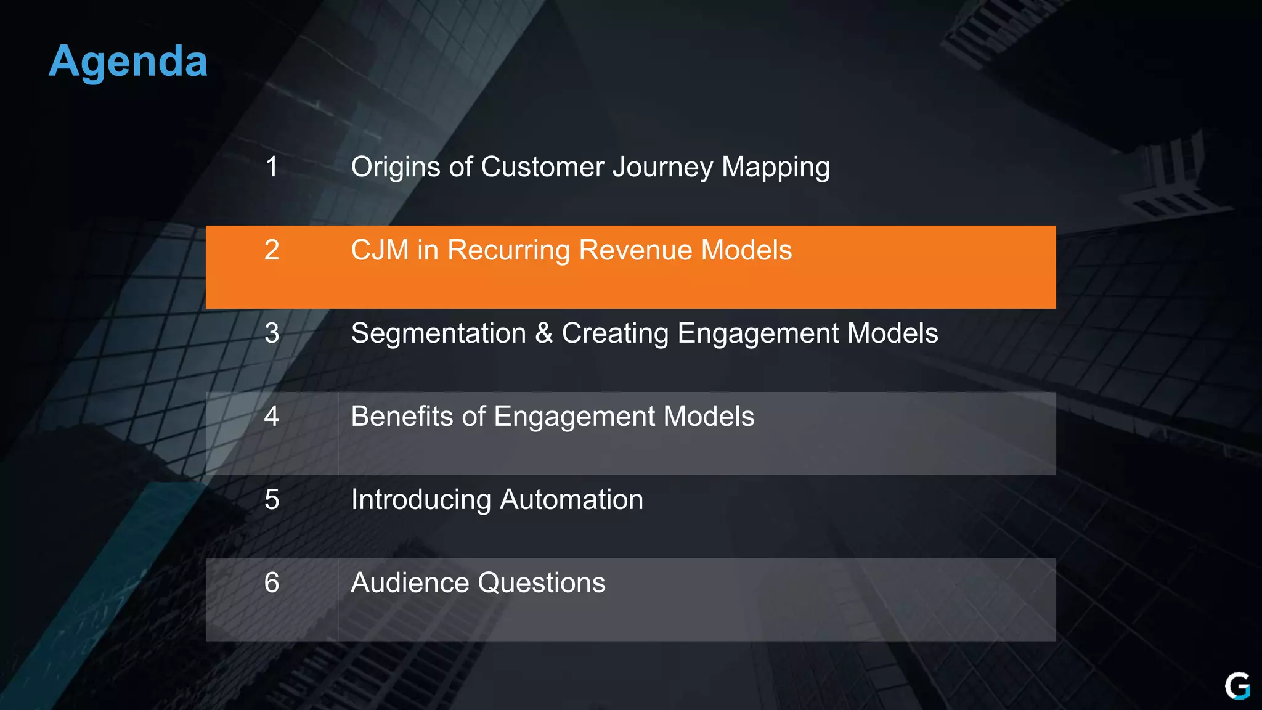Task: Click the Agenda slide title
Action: click(128, 62)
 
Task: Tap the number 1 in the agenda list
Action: click(272, 167)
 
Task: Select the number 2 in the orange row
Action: click(272, 250)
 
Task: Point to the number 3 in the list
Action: click(272, 333)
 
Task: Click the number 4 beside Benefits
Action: click(272, 417)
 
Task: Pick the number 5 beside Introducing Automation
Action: click(272, 500)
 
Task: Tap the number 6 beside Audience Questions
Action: click(272, 583)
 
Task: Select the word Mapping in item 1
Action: click(776, 167)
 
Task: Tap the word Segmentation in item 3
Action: click(438, 333)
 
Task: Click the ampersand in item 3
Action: click(543, 333)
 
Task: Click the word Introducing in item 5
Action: click(421, 500)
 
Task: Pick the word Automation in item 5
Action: click(571, 500)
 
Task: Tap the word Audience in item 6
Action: click(410, 583)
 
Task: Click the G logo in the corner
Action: click(1237, 686)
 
